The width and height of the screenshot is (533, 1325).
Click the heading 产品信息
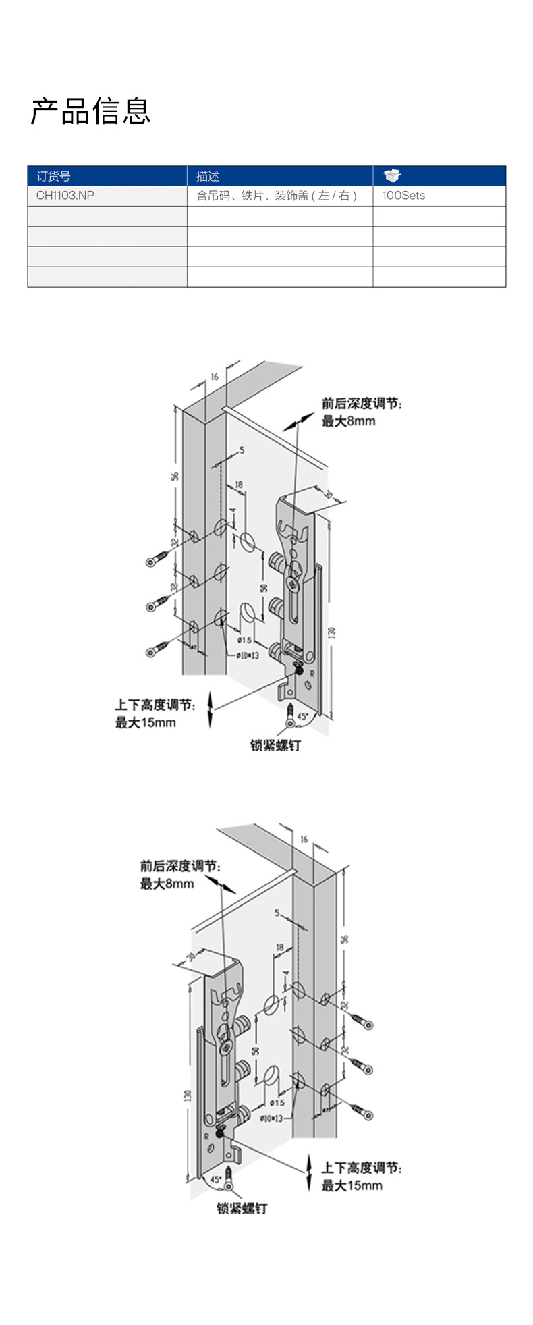pyautogui.click(x=90, y=111)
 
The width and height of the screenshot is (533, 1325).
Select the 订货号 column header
pyautogui.click(x=53, y=176)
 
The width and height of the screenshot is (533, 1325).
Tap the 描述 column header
pyautogui.click(x=208, y=176)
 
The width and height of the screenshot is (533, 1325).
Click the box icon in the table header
pyautogui.click(x=392, y=176)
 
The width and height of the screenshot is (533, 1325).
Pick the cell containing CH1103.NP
pyautogui.click(x=65, y=196)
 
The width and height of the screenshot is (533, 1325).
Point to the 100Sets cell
pyautogui.click(x=403, y=196)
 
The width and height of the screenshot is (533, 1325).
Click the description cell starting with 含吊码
pyautogui.click(x=276, y=196)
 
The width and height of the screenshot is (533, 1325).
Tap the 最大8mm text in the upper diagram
pyautogui.click(x=348, y=421)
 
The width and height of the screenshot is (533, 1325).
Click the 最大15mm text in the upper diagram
pyautogui.click(x=145, y=722)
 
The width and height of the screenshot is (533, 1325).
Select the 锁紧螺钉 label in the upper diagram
pyautogui.click(x=275, y=745)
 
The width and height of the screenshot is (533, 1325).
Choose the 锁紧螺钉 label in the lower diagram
pyautogui.click(x=242, y=1208)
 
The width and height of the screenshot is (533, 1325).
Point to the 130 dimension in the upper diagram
pyautogui.click(x=331, y=633)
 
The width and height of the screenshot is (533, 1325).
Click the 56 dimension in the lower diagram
pyautogui.click(x=345, y=939)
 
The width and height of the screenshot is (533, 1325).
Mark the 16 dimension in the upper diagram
pyautogui.click(x=215, y=377)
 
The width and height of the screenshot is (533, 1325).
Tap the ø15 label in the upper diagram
pyautogui.click(x=244, y=639)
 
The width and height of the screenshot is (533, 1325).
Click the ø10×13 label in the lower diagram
pyautogui.click(x=272, y=1118)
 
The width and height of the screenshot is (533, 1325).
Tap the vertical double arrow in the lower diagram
pyautogui.click(x=309, y=1172)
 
